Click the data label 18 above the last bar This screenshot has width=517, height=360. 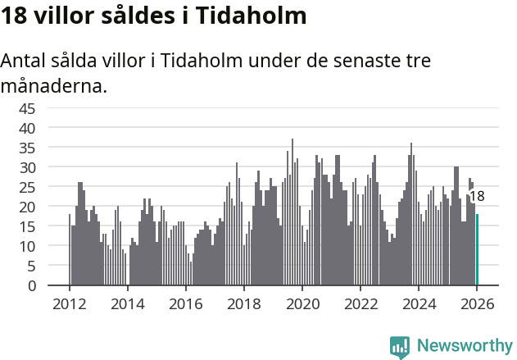(x=476, y=197)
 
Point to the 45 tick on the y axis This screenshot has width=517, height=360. (x=27, y=108)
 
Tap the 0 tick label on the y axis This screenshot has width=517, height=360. (x=32, y=286)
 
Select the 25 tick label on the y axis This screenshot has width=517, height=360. (x=27, y=187)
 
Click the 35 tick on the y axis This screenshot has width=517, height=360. (x=27, y=148)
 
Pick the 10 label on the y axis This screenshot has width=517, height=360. (x=27, y=246)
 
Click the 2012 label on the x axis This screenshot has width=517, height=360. (x=69, y=304)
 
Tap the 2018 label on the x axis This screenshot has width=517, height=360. (x=243, y=304)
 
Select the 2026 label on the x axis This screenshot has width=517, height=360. (x=477, y=304)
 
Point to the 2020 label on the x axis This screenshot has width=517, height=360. (x=302, y=304)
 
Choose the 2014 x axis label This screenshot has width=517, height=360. (x=127, y=304)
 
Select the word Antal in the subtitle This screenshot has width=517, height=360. (x=25, y=62)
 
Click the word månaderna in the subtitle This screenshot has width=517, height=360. (x=54, y=85)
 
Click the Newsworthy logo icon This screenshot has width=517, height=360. (x=400, y=346)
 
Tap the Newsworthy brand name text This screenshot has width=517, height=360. (x=464, y=346)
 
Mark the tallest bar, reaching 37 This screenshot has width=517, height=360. (x=293, y=213)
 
